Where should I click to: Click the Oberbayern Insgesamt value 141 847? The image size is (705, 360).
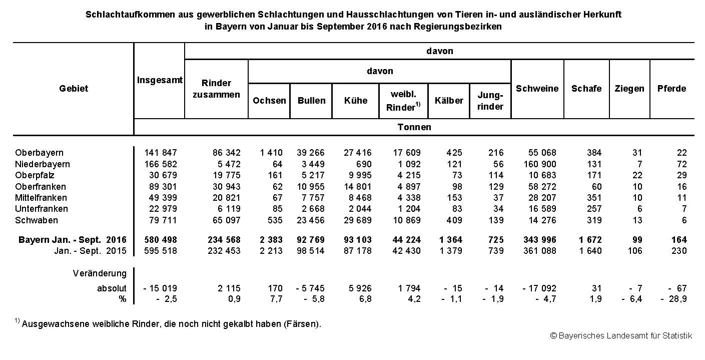(161, 153)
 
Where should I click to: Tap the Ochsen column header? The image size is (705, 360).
(269, 101)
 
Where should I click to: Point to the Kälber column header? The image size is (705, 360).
(448, 101)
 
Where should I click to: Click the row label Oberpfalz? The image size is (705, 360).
(35, 175)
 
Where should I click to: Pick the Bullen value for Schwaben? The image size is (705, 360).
(311, 220)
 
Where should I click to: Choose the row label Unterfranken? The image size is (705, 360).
(42, 209)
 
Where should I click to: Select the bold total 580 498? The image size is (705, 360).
(161, 240)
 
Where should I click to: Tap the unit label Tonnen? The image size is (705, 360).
(414, 127)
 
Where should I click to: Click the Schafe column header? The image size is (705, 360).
(586, 89)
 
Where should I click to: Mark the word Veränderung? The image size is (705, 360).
(100, 273)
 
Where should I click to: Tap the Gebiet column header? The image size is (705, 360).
(74, 89)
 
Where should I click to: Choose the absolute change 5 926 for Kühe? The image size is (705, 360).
(358, 288)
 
